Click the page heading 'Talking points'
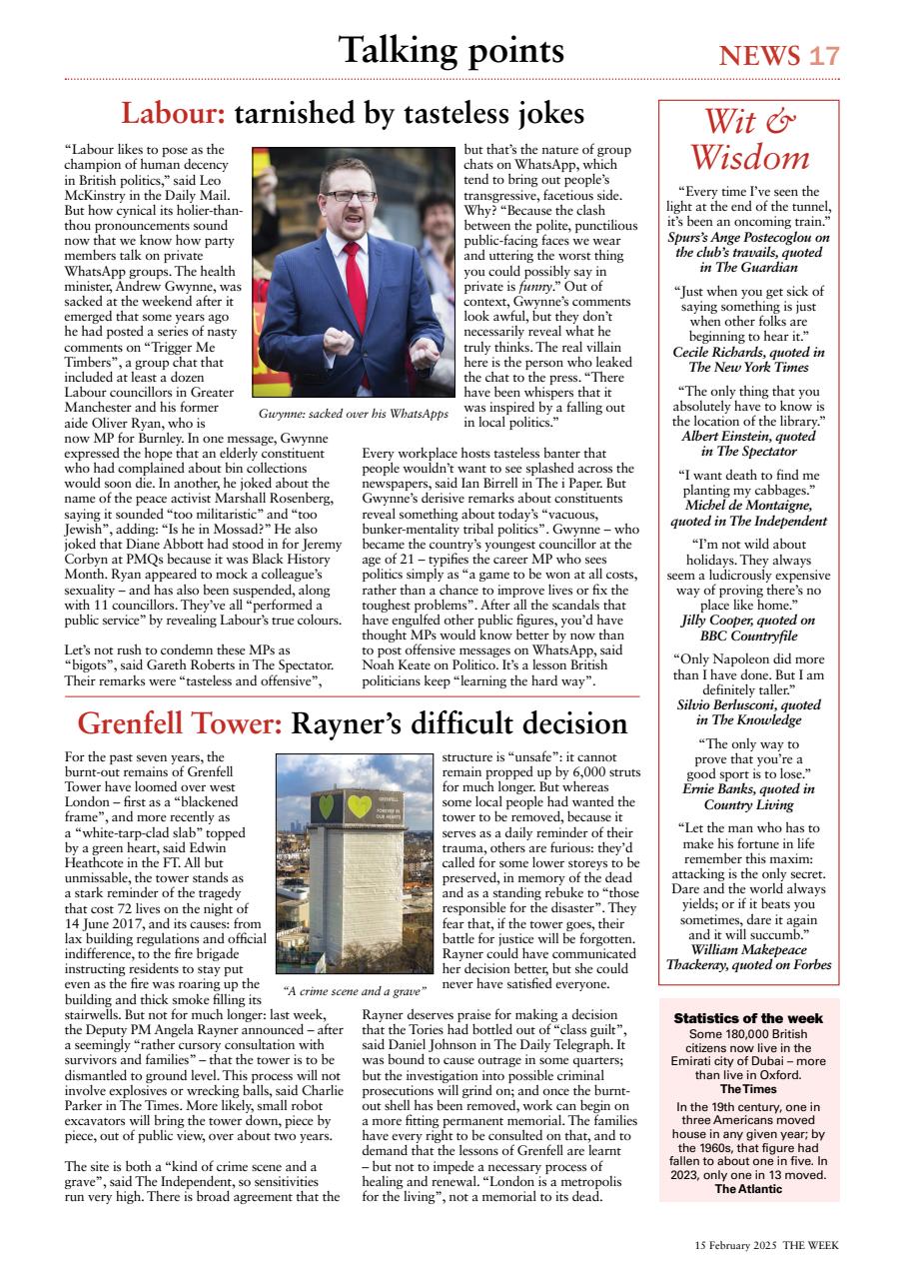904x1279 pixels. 451,50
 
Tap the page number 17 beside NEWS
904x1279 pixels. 825,56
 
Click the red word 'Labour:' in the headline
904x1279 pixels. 173,114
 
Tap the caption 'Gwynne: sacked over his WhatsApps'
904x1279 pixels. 353,414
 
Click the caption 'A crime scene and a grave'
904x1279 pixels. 355,991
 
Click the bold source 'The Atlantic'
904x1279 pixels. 748,1189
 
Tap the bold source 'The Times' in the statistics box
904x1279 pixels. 748,1088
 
